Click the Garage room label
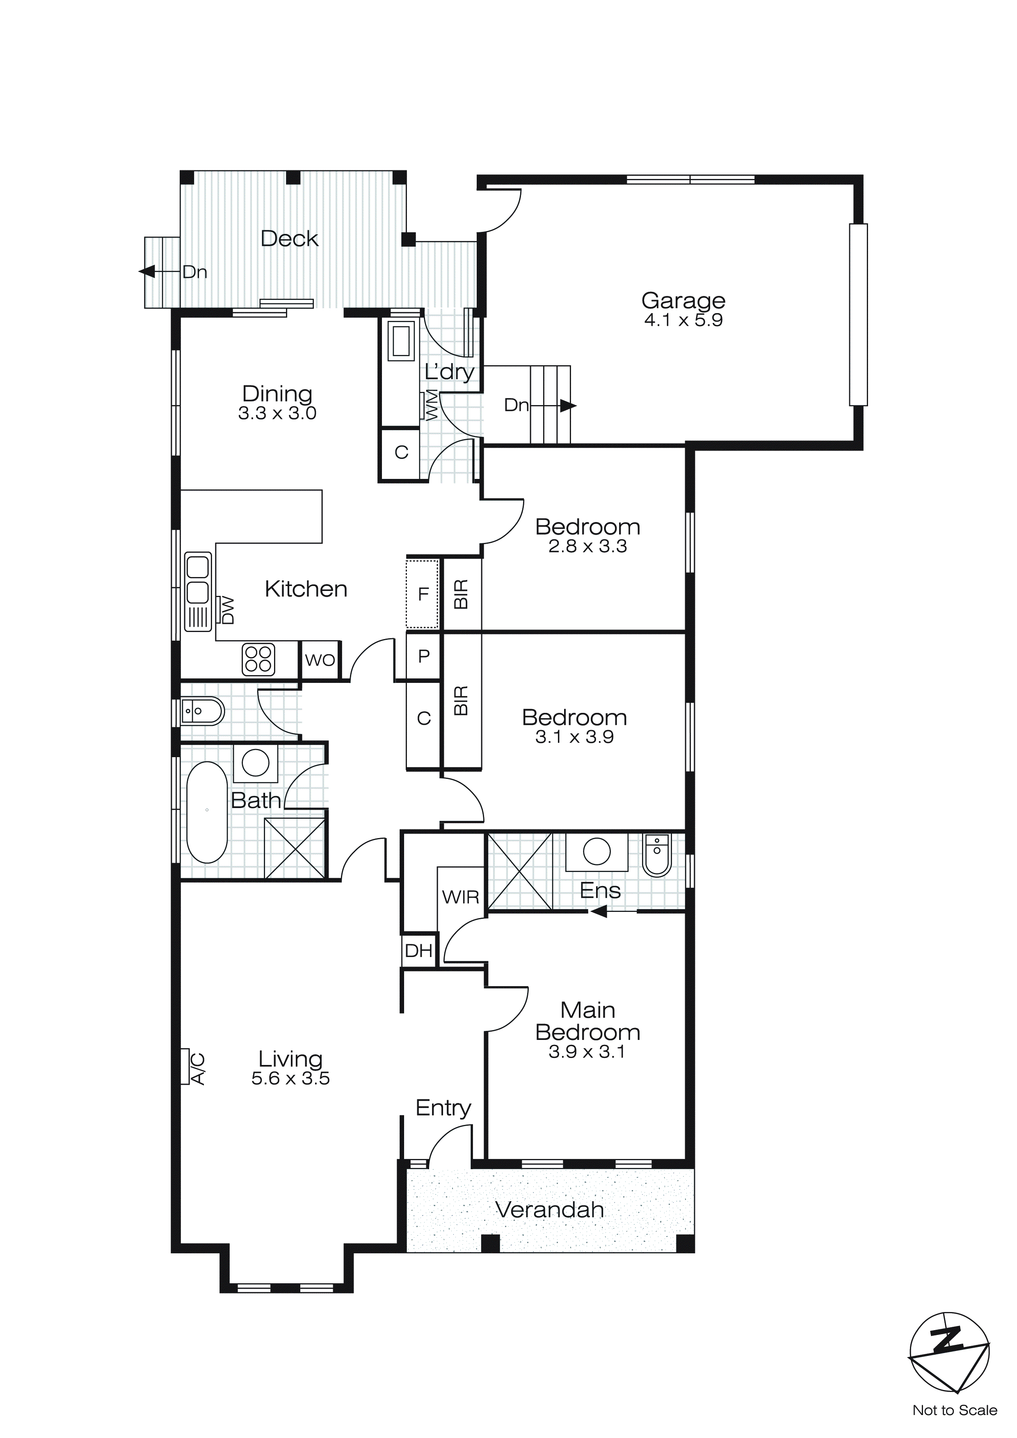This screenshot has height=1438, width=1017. click(x=683, y=301)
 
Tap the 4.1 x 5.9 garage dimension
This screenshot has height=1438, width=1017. click(x=683, y=320)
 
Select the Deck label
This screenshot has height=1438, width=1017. click(x=289, y=238)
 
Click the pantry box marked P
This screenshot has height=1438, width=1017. click(x=423, y=656)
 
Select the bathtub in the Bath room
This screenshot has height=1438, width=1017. click(x=207, y=812)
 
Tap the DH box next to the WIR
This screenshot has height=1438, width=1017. click(x=418, y=951)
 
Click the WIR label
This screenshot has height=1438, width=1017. click(x=460, y=897)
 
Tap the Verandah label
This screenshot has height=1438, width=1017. click(x=549, y=1209)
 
